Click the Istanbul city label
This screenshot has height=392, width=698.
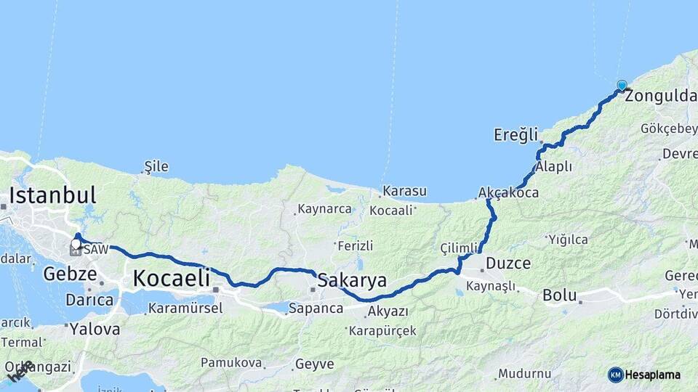(x=52, y=195)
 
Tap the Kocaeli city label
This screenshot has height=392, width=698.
(x=172, y=277)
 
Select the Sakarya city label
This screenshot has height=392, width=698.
(x=353, y=280)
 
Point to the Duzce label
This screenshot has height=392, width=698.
(x=508, y=263)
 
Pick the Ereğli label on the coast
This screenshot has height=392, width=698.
(x=516, y=134)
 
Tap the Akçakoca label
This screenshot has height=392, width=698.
(x=508, y=193)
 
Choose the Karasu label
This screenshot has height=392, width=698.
(x=404, y=191)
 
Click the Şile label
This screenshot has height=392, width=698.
(x=156, y=166)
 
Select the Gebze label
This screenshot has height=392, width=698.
(x=70, y=274)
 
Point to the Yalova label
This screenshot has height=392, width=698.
(x=95, y=329)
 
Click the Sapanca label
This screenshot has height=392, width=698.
(x=316, y=309)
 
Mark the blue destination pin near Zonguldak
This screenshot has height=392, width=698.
(x=622, y=86)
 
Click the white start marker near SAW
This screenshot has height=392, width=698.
(x=76, y=244)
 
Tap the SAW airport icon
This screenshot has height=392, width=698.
(x=76, y=250)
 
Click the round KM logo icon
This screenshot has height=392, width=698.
(x=616, y=375)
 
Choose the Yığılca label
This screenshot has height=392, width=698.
(x=568, y=239)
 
